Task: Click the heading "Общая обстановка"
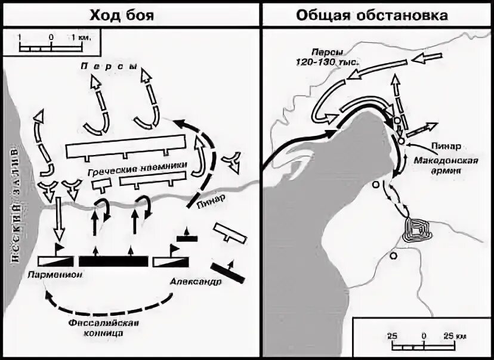(x=372, y=14)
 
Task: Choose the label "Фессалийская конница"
(x=105, y=328)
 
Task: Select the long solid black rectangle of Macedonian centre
(x=113, y=261)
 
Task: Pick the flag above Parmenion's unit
(x=60, y=247)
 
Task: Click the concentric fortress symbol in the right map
(x=415, y=228)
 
